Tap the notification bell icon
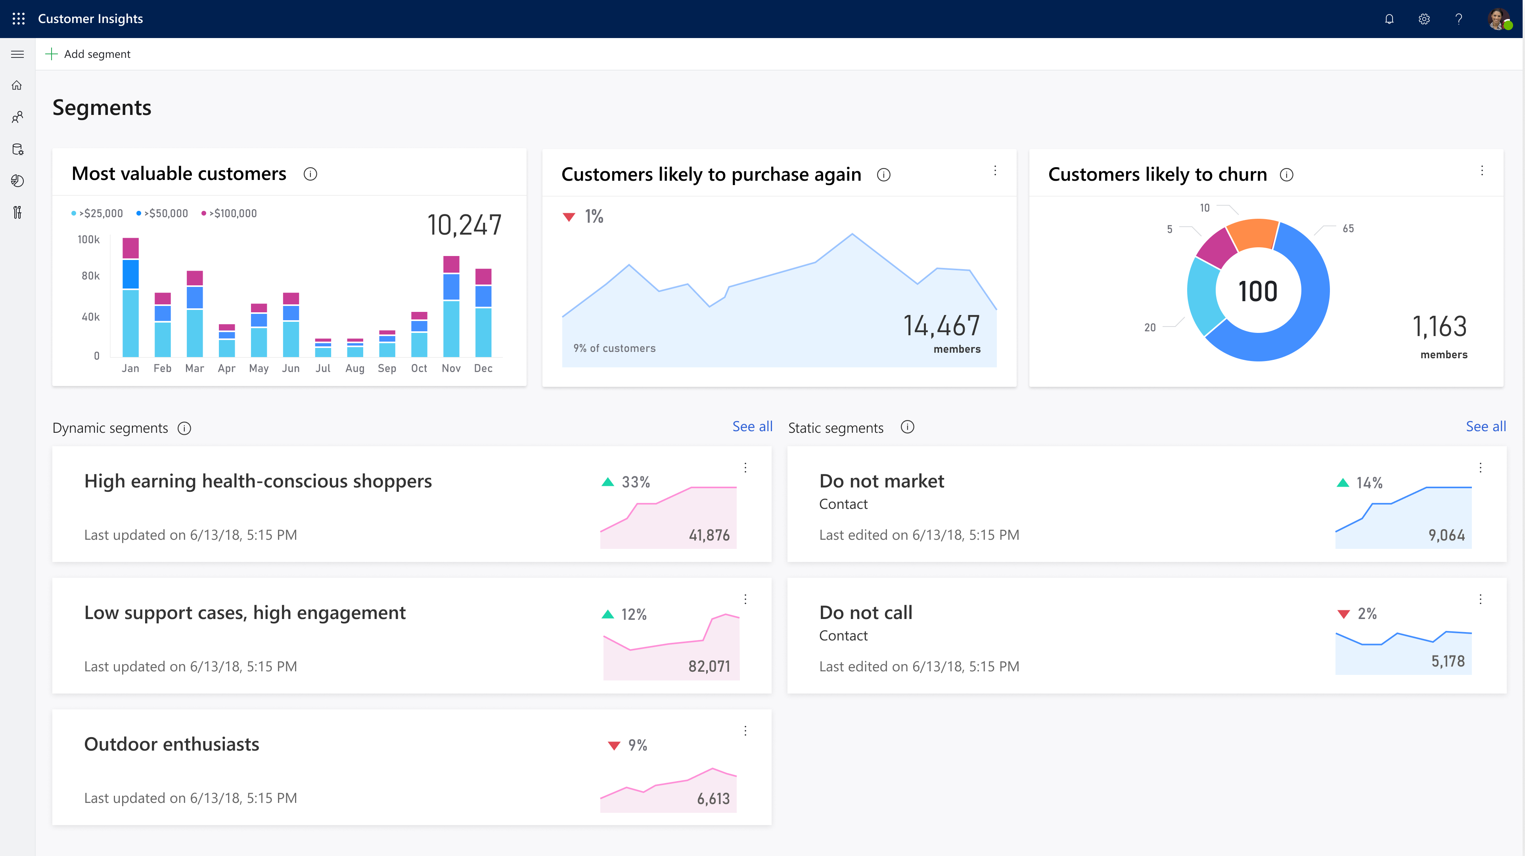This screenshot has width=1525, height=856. (x=1389, y=19)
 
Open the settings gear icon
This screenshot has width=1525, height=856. (x=1424, y=19)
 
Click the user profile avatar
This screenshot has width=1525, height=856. (x=1498, y=19)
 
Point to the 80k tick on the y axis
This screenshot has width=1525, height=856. (x=90, y=276)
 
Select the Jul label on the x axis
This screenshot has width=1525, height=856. (x=323, y=368)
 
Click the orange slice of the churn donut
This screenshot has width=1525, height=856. (x=1253, y=233)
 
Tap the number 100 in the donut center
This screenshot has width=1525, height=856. (x=1258, y=292)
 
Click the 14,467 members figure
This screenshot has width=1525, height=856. (x=941, y=326)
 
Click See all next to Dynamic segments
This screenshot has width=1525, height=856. (x=752, y=426)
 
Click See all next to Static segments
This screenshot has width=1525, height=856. (x=1485, y=426)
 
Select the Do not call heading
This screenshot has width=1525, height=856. (x=866, y=612)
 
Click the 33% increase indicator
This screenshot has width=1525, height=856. (x=626, y=482)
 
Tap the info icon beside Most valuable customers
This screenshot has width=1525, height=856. (x=310, y=174)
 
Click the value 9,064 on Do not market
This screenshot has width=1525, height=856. (x=1446, y=535)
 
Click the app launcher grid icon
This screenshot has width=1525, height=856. (x=18, y=19)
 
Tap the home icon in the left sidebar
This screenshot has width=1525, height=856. (x=17, y=86)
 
